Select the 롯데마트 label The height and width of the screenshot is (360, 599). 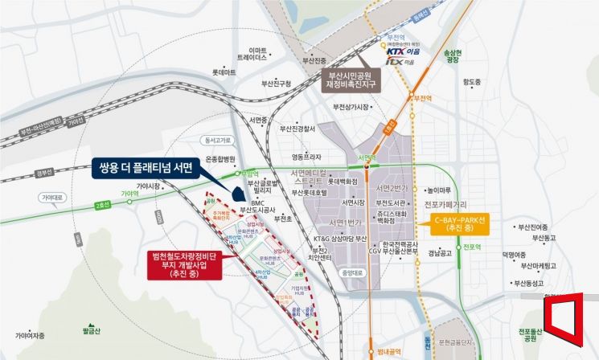tap(224, 72)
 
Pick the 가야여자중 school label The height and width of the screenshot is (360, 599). tap(29, 335)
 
